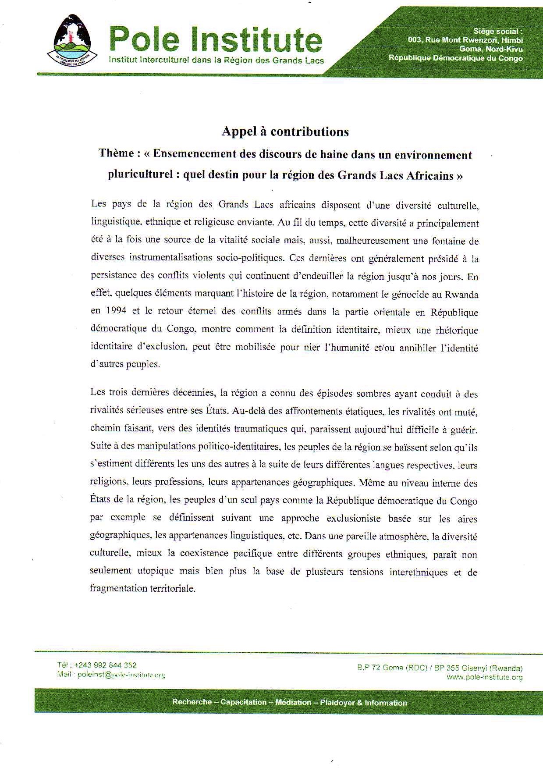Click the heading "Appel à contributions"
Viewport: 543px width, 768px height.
coord(285,132)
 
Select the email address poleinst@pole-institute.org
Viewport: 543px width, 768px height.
coord(121,675)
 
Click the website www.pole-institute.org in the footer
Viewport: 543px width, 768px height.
coord(484,677)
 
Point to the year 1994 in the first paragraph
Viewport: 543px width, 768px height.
coord(115,311)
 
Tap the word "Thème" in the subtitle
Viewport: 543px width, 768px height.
coord(116,153)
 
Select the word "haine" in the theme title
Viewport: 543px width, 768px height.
coord(338,154)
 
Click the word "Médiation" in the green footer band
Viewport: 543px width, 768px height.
coord(293,702)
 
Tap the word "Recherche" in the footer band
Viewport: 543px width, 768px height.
coord(192,702)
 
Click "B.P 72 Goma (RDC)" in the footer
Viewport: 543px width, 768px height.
coord(392,668)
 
